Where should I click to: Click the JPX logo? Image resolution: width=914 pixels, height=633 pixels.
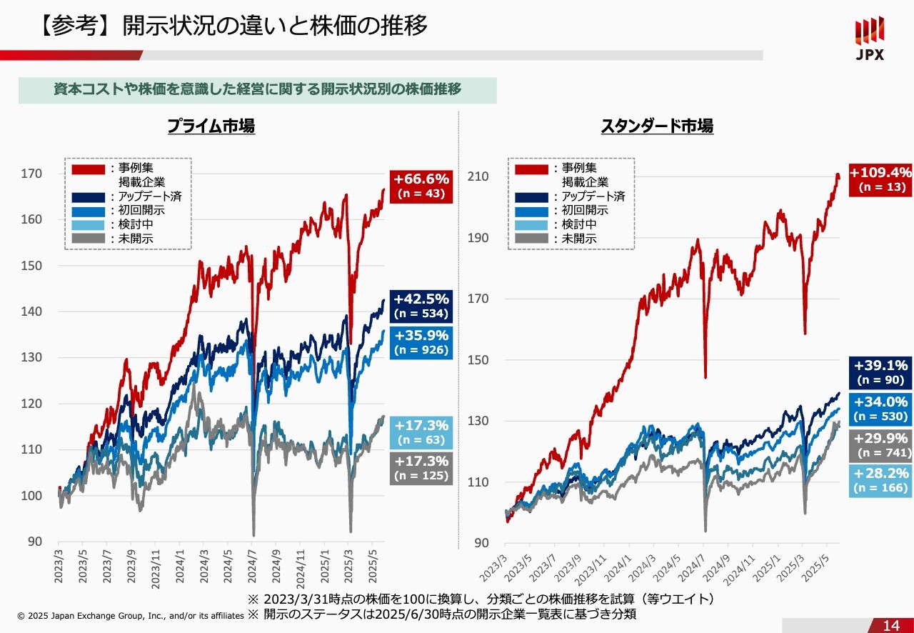coord(870,39)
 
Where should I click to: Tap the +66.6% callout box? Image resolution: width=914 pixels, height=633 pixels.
coord(421,186)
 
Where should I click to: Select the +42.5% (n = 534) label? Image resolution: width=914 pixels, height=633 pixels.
coord(421,305)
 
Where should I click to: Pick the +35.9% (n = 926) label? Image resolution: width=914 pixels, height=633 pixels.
coord(421,342)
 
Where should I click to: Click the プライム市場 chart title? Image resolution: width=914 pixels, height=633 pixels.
coord(211,126)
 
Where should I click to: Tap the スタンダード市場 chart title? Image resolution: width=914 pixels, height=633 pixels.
coord(657,126)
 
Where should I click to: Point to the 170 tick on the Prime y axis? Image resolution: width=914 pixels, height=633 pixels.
coord(34,174)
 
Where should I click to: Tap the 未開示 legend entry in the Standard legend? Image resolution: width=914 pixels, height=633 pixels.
coord(579,239)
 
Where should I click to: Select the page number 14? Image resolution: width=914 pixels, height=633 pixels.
coord(891,626)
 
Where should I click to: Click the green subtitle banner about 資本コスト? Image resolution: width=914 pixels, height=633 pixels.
coord(257,89)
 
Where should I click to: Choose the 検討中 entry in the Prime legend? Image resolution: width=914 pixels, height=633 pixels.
coord(136,224)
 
